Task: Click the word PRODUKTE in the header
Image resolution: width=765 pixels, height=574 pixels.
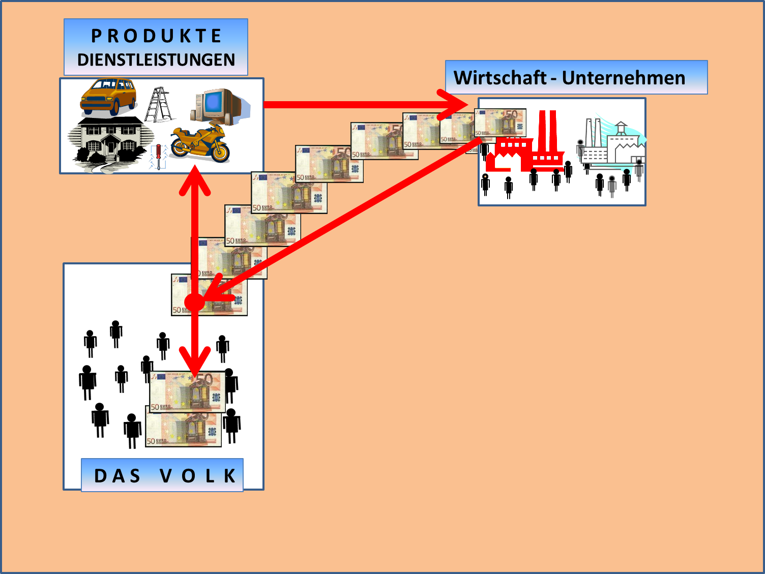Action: click(x=156, y=36)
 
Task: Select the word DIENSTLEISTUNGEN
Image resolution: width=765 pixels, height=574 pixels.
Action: click(x=156, y=60)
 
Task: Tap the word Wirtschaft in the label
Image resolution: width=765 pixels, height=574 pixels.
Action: click(x=499, y=78)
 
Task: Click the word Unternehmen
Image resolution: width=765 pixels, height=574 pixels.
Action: click(x=624, y=78)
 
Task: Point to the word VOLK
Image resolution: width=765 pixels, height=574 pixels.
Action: click(x=198, y=476)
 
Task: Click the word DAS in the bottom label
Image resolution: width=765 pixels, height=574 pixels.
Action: click(x=117, y=476)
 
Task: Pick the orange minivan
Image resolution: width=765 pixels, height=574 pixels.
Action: click(x=109, y=96)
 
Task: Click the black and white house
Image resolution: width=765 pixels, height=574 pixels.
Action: click(x=110, y=140)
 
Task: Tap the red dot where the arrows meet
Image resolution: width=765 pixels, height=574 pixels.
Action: click(x=194, y=302)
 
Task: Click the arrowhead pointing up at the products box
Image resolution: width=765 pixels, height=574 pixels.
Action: click(x=195, y=180)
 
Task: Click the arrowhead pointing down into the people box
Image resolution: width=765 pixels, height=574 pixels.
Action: click(x=195, y=361)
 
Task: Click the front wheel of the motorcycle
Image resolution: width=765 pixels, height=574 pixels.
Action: click(x=220, y=153)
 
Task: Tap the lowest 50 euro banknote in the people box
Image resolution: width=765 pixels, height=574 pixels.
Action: click(x=183, y=430)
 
